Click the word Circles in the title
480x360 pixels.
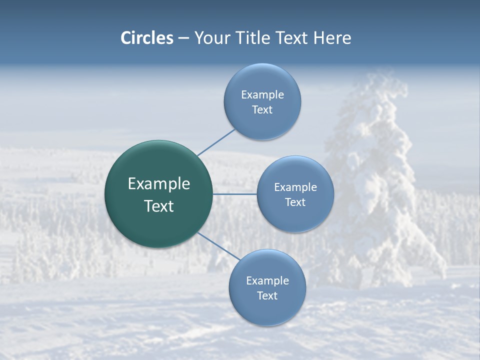click(x=147, y=38)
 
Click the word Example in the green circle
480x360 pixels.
click(x=159, y=184)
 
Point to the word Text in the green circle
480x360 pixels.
click(x=159, y=206)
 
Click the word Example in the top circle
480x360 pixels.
click(x=262, y=95)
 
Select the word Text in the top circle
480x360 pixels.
click(x=262, y=110)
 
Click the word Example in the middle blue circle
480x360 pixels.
click(x=295, y=187)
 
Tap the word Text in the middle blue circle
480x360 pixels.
click(x=295, y=202)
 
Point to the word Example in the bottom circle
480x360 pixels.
click(x=267, y=281)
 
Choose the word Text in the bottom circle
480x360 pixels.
click(x=267, y=296)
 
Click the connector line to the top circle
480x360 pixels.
click(x=216, y=142)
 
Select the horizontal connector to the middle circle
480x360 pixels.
click(x=235, y=194)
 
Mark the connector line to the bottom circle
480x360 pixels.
click(x=219, y=245)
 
